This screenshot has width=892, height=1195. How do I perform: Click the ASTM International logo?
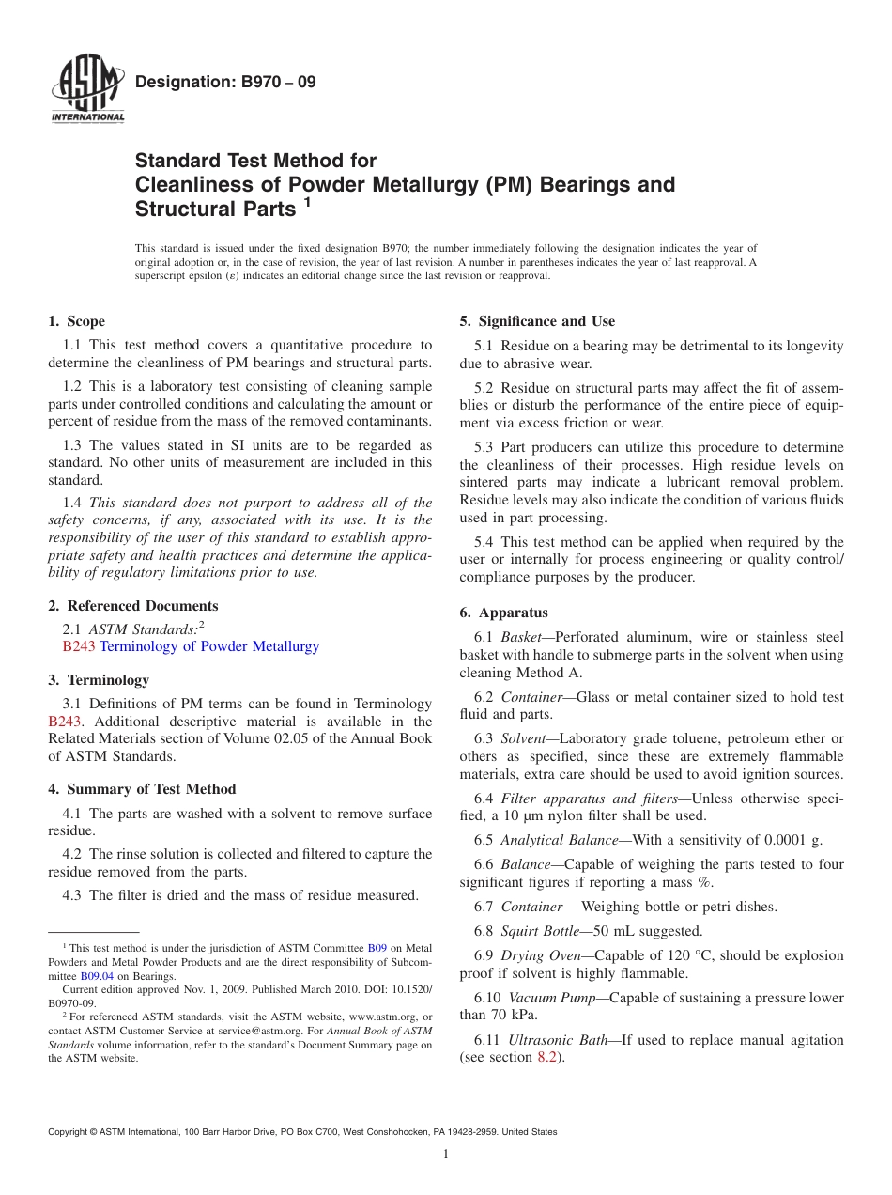(x=87, y=90)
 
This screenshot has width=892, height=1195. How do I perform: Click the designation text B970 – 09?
(x=225, y=83)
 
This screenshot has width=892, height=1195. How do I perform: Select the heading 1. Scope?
(x=77, y=321)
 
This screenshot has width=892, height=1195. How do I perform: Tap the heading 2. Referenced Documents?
(x=133, y=606)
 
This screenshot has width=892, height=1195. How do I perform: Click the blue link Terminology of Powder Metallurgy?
(x=209, y=646)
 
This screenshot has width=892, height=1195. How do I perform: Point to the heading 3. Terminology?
(x=99, y=679)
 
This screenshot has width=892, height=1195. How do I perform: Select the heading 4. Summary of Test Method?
(x=142, y=789)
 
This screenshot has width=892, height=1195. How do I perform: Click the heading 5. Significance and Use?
(x=537, y=321)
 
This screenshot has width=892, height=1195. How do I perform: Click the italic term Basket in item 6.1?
(x=521, y=638)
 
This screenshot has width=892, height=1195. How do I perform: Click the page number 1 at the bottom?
(x=446, y=1155)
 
